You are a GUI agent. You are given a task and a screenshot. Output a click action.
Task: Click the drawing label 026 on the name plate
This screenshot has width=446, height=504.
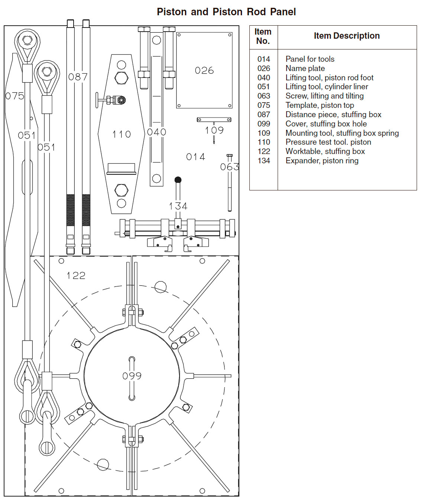[x=204, y=70]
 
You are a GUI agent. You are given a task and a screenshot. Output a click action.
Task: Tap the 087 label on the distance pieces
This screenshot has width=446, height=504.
[x=78, y=77]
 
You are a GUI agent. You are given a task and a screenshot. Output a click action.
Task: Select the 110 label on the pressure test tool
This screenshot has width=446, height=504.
[x=122, y=134]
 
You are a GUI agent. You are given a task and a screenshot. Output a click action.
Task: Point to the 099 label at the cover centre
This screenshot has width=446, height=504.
[x=132, y=376]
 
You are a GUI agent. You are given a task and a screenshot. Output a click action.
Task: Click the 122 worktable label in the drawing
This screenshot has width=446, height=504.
[x=76, y=276]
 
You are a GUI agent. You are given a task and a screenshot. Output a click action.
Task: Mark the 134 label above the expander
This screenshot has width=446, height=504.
[x=178, y=206]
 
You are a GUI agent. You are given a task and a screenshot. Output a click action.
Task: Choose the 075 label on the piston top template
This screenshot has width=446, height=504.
[x=15, y=96]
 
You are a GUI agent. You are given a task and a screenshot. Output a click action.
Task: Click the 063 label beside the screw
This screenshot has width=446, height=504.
[x=229, y=167]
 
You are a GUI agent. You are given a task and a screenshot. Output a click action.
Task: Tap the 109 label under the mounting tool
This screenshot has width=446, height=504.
[x=214, y=130]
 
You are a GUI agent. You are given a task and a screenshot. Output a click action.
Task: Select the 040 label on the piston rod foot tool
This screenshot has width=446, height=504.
[x=156, y=132]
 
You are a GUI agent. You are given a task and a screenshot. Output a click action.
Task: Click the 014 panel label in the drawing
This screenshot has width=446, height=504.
[x=195, y=157]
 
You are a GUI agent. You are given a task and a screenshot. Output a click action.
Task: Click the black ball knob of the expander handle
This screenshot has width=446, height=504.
[x=178, y=180]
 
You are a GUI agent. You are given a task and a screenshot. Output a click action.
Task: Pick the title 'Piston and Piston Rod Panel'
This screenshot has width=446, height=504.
[x=226, y=12]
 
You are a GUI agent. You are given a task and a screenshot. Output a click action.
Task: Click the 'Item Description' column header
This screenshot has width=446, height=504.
[x=346, y=36]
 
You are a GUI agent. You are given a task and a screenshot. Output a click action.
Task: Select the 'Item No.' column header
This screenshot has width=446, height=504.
[x=263, y=36]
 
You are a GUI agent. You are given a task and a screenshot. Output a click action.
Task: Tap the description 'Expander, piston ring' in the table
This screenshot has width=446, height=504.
[x=322, y=161]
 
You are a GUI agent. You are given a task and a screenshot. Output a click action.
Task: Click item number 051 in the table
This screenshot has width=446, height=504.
[x=264, y=87]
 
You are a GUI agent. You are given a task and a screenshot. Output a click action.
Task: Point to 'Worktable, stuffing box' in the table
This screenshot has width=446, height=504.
[x=325, y=151]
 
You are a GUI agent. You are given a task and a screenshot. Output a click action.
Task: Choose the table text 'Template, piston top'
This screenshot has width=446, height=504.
[x=320, y=105]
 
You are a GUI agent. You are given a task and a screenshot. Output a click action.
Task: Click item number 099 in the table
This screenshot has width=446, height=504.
[x=264, y=124]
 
